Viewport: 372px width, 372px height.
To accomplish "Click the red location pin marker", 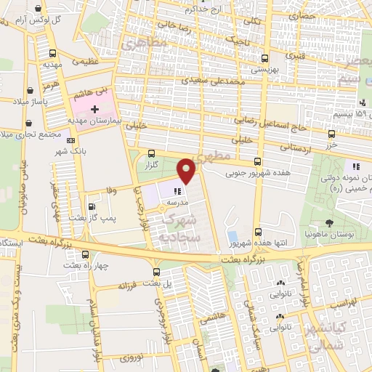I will coord(187,170).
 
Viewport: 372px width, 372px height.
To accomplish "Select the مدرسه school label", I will coord(179,201).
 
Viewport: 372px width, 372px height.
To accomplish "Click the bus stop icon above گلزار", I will coord(151,153).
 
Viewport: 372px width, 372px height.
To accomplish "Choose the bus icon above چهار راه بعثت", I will coord(86,255).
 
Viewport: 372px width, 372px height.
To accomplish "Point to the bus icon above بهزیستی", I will coord(263,59).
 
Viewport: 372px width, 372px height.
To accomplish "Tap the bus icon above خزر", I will coord(332,134).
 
